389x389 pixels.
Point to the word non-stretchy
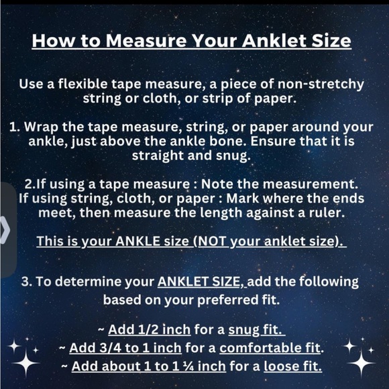321,85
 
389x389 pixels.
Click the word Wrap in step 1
41,127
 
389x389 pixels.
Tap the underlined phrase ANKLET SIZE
199,282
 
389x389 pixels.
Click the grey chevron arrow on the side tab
5,230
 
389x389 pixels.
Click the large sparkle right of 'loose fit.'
361,363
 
